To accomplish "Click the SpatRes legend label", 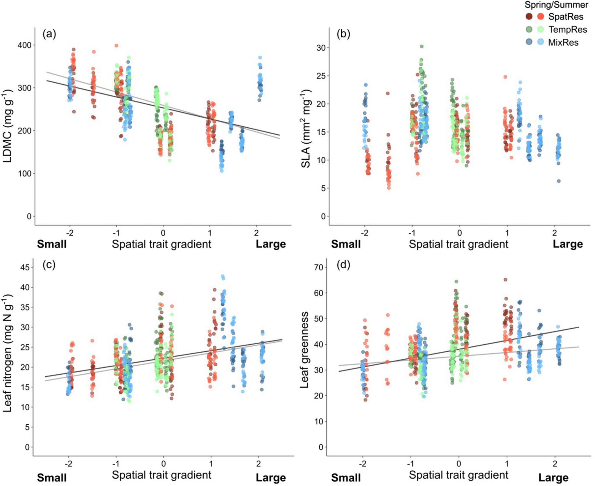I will [565, 17].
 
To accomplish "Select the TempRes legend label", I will [568, 29].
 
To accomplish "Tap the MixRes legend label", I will [563, 42].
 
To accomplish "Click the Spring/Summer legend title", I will [556, 5].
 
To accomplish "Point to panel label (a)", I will [49, 34].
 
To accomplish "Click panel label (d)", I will [343, 265].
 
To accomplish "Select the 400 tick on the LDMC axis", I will [25, 45].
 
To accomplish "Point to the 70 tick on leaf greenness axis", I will [319, 267].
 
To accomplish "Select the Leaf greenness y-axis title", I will [304, 350].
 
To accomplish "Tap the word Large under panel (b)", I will [567, 244].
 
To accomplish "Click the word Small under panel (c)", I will [52, 478].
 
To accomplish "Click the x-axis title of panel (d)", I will [458, 475].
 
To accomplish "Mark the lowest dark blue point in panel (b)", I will [558, 181].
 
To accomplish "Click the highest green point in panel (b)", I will [422, 47].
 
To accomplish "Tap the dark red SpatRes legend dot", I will [529, 17].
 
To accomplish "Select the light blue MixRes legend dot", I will [541, 42].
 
